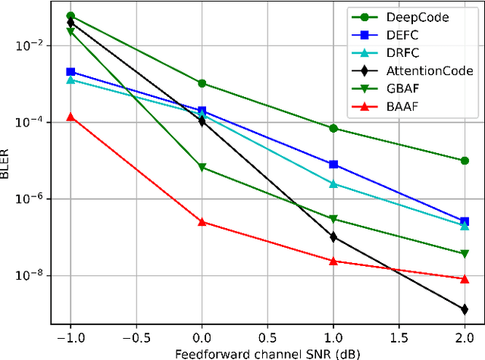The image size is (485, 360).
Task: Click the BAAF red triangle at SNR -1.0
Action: tap(70, 117)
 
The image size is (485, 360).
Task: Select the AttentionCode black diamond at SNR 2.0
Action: tap(464, 309)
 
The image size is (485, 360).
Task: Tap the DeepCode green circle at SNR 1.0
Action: tap(333, 128)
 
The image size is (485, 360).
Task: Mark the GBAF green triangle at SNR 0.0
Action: tap(202, 167)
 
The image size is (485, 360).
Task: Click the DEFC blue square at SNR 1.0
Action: tap(333, 164)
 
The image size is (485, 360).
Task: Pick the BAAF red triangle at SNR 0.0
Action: tap(202, 221)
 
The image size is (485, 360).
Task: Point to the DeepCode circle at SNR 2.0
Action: tap(464, 161)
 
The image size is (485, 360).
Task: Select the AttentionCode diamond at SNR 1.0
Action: tap(333, 236)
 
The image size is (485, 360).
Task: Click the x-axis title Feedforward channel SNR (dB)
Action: tap(267, 352)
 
